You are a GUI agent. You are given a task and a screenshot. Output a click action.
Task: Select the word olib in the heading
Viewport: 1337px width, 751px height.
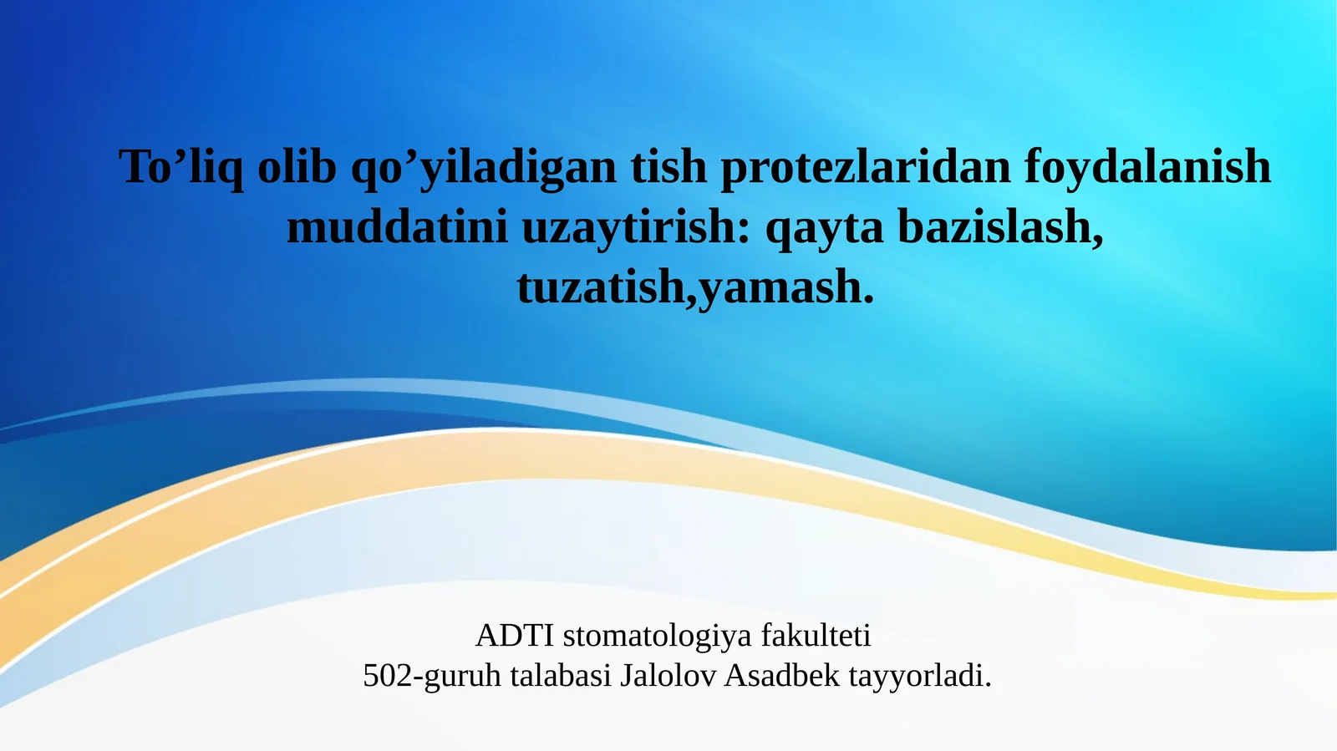click(297, 166)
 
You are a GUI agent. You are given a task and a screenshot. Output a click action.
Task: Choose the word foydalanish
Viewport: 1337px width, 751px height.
click(1147, 166)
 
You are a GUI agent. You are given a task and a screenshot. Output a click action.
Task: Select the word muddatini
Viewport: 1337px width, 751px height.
click(397, 226)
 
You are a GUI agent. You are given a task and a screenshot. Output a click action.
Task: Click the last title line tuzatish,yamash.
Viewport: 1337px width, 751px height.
click(695, 287)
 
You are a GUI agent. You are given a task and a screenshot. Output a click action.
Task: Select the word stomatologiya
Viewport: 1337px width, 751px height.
click(658, 637)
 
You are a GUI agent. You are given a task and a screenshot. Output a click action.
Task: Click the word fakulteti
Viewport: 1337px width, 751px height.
click(816, 636)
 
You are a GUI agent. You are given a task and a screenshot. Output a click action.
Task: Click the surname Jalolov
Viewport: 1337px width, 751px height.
click(668, 675)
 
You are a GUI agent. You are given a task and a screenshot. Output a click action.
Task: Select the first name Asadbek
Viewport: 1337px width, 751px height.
click(781, 675)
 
